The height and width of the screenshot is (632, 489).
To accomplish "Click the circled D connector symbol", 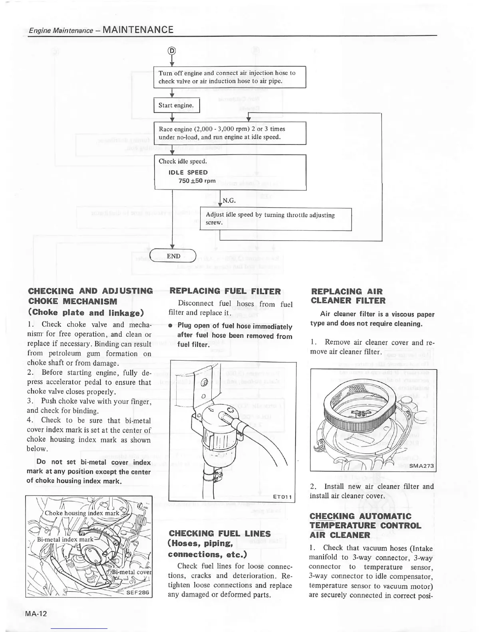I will coord(172,51).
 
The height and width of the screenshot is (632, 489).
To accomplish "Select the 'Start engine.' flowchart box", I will coord(176,105).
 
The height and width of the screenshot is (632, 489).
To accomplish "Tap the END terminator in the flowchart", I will coord(173,256).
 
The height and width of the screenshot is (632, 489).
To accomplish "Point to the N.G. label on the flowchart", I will coord(229,200).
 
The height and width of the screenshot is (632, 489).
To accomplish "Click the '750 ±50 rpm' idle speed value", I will coord(197,181).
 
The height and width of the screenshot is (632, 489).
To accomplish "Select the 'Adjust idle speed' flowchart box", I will coord(275,219).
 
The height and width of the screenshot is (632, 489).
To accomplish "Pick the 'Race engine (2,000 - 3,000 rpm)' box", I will coord(230,133).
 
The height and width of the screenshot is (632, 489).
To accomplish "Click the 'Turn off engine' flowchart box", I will coord(230,77).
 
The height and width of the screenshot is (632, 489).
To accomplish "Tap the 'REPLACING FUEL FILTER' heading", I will coord(225,291).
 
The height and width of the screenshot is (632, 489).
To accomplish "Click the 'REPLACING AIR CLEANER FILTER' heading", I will coord(348,296).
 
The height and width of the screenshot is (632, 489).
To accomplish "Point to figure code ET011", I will coord(283,497).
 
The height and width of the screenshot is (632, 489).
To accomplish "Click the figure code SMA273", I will coord(421,466).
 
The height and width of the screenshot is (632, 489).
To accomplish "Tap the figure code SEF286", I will coord(138,592).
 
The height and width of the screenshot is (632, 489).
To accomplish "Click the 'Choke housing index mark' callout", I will coord(82,513).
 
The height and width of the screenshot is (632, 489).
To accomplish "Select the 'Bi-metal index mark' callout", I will coord(65,539).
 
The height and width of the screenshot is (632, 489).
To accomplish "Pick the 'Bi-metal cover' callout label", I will coord(132,571).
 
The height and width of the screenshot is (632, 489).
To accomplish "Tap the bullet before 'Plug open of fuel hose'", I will coord(171,326).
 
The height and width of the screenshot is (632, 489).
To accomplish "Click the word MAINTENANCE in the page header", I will coord(138,30).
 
